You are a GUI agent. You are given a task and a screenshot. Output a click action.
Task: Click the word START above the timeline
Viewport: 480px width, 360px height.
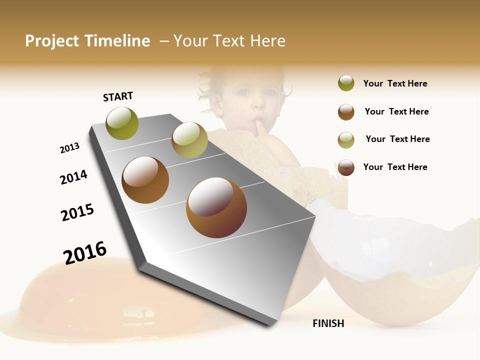coord(118,96)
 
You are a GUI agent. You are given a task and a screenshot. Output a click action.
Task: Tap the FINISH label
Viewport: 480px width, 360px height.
coord(328,323)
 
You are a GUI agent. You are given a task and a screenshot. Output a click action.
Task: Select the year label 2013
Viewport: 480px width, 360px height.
coord(69,148)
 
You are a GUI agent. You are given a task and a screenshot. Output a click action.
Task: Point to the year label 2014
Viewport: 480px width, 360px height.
coord(73,177)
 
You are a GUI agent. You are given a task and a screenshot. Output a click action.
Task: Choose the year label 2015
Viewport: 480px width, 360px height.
coord(77,212)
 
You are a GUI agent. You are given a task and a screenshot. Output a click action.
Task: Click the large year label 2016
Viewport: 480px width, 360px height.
coord(85,252)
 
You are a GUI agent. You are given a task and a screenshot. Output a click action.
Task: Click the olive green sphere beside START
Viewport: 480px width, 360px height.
coord(122,123)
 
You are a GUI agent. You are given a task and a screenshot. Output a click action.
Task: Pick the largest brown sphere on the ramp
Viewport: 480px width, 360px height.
coord(216,207)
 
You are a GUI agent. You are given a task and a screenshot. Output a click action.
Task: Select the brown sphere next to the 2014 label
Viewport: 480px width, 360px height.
coord(145,180)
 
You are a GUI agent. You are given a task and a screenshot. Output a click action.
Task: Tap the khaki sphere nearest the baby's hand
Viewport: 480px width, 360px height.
coord(189,140)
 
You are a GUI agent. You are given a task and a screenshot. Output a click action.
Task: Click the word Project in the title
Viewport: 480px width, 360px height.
coord(52,41)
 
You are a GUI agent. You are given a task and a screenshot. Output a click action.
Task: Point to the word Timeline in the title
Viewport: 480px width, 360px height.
coord(117,41)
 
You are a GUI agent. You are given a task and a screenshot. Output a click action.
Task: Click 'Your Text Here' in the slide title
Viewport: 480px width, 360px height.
coord(229,41)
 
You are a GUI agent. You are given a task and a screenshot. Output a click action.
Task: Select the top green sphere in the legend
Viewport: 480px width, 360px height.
coord(346,83)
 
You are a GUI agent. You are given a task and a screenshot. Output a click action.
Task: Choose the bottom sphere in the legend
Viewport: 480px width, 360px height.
coord(346,167)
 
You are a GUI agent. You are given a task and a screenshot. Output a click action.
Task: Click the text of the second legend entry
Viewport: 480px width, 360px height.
coord(396,111)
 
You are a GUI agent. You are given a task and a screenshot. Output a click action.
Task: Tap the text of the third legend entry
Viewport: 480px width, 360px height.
coord(397,139)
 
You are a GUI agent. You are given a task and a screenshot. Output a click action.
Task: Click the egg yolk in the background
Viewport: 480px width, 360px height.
coord(60,290)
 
